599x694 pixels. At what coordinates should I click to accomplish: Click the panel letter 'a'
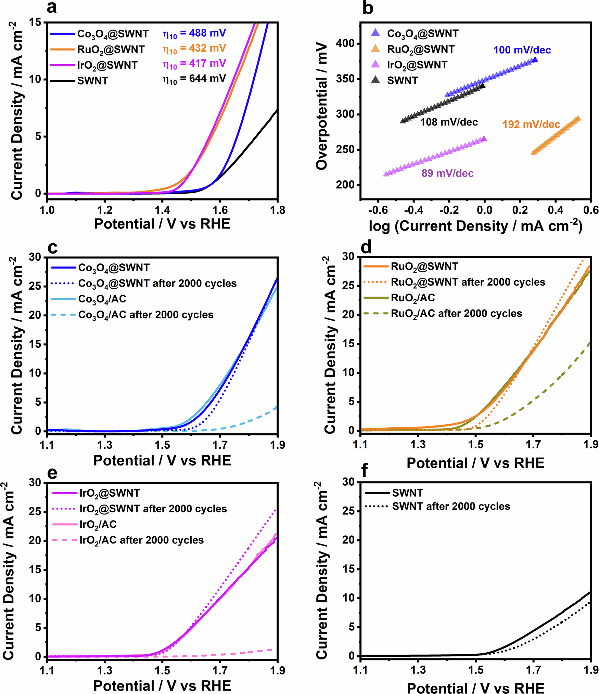(x=51, y=8)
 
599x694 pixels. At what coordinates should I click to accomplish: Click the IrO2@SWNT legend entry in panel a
(x=107, y=65)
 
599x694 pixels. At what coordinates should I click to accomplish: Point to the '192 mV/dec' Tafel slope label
(x=531, y=125)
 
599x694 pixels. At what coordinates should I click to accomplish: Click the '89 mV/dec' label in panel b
(x=447, y=173)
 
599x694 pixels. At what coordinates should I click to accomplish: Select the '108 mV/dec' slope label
(x=449, y=122)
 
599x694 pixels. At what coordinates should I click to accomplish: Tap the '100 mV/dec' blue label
(x=522, y=50)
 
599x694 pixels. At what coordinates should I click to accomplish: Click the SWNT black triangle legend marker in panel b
(x=375, y=80)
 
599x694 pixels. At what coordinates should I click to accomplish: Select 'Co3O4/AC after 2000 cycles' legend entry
(x=145, y=315)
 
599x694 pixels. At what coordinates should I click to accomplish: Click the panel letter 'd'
(x=366, y=247)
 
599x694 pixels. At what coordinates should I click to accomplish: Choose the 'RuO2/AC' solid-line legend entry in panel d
(x=412, y=298)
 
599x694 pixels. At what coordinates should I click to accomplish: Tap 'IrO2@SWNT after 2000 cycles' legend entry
(x=153, y=509)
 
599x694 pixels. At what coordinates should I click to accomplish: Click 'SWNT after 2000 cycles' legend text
(x=451, y=507)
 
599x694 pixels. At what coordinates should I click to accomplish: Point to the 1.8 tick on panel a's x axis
(x=277, y=210)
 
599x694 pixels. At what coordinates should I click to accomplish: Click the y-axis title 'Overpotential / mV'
(x=322, y=106)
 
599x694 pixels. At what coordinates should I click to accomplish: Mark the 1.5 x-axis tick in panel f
(x=476, y=670)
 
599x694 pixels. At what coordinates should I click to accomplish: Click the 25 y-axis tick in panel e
(x=35, y=512)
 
